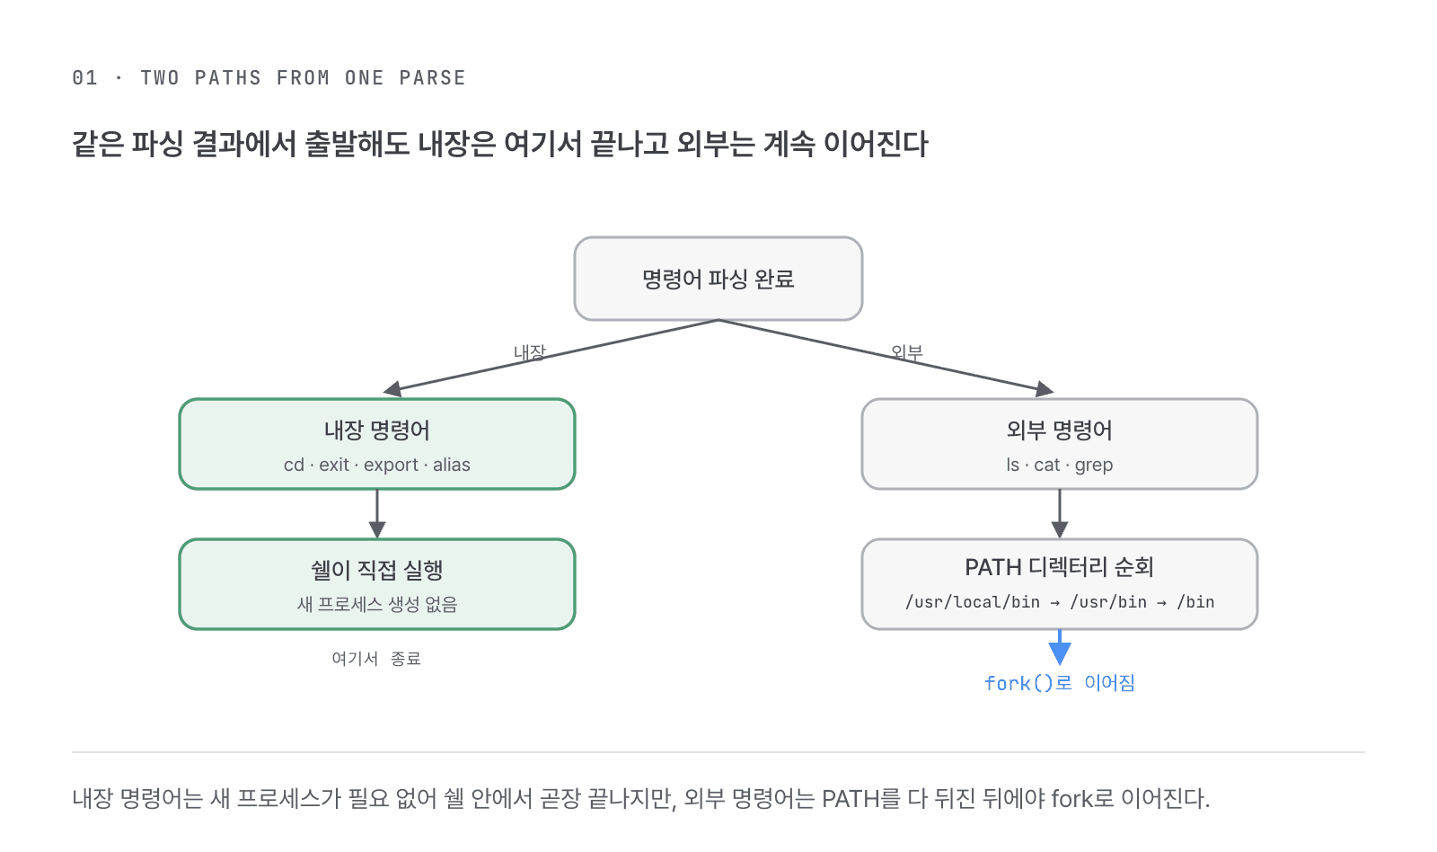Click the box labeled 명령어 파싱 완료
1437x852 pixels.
click(x=718, y=279)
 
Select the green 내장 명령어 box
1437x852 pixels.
click(x=377, y=444)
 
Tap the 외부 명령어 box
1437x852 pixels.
click(x=1059, y=444)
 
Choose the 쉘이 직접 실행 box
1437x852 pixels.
click(x=377, y=583)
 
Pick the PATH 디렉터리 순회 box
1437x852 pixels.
click(x=1059, y=583)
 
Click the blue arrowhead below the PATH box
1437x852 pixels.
click(x=1060, y=653)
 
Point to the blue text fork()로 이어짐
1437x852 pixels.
click(x=1060, y=682)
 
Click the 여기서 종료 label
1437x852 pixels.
click(x=376, y=658)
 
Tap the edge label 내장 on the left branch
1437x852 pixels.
click(x=530, y=351)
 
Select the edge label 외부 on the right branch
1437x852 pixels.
click(x=907, y=351)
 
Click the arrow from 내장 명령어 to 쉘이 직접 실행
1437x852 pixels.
click(x=377, y=514)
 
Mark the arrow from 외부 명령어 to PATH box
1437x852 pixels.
click(x=1060, y=514)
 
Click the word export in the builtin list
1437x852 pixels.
click(x=391, y=465)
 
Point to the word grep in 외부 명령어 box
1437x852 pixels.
click(x=1094, y=465)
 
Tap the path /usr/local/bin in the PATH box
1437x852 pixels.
click(x=973, y=602)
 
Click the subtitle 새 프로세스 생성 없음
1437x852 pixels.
click(x=377, y=604)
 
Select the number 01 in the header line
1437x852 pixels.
click(x=84, y=77)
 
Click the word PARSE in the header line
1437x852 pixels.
click(x=432, y=77)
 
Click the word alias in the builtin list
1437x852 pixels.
click(x=452, y=465)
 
